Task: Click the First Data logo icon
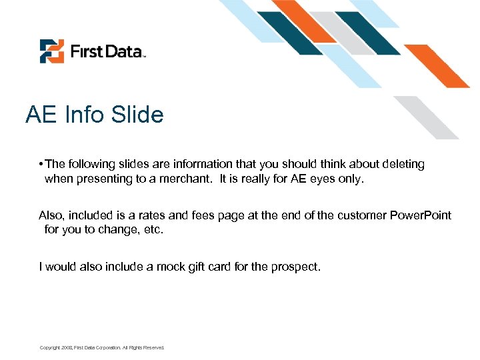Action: [51, 51]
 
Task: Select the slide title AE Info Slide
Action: [94, 115]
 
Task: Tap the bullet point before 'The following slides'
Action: [41, 164]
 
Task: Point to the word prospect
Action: [295, 267]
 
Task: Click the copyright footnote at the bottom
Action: [101, 347]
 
